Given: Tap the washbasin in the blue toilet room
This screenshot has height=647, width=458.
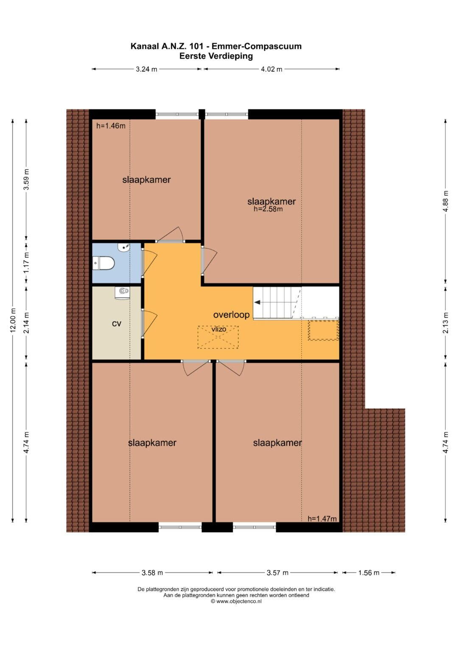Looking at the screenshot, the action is click(124, 247).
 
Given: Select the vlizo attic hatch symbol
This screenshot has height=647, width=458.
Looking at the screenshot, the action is click(218, 337).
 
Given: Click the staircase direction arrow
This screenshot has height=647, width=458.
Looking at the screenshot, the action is click(257, 302).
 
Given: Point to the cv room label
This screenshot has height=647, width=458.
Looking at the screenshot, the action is click(117, 324).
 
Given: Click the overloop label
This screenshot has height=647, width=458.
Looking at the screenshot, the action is click(231, 314).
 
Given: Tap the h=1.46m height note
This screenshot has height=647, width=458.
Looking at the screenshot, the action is click(111, 126).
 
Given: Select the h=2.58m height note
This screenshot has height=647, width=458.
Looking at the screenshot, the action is click(268, 209).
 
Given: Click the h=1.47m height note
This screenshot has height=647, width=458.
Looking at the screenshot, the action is click(322, 519).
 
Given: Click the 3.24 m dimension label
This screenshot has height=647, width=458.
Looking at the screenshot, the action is click(147, 69).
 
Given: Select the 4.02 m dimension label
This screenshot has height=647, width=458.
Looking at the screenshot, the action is click(271, 69).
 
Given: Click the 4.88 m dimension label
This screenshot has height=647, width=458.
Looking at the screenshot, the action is click(446, 201).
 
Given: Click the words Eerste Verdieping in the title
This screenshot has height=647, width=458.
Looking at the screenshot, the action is click(216, 56).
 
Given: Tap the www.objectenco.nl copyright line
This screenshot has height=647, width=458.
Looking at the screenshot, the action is click(236, 601).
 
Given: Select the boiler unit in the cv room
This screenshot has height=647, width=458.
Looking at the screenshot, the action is click(122, 293).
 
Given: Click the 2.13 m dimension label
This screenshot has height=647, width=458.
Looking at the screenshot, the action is click(446, 322).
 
